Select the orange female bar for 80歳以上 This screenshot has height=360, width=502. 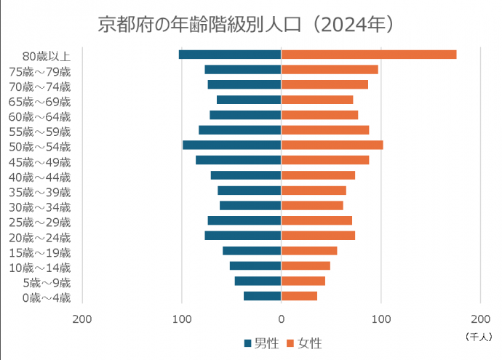click(x=368, y=55)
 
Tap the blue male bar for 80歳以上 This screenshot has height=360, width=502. click(x=230, y=55)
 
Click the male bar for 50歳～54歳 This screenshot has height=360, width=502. click(x=231, y=145)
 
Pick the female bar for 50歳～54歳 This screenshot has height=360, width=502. click(x=332, y=145)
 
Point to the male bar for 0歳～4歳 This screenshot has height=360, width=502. click(x=263, y=296)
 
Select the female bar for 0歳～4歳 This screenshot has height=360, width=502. click(x=299, y=296)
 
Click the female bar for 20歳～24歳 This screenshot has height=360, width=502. click(x=318, y=236)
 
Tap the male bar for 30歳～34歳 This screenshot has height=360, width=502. click(x=250, y=205)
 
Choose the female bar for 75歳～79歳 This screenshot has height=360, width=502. click(x=330, y=70)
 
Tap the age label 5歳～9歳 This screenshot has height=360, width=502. click(x=47, y=282)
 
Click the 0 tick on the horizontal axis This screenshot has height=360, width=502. click(x=281, y=319)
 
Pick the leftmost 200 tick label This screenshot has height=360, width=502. click(x=82, y=319)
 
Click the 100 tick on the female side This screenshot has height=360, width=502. click(x=381, y=319)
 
